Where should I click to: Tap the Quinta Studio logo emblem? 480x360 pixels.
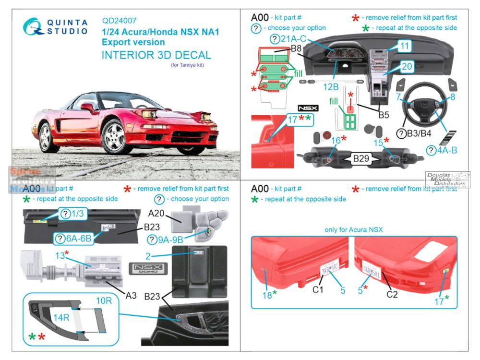coord(34,26)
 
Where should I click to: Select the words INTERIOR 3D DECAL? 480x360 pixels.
coord(156,55)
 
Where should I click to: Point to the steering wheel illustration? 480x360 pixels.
coord(424,104)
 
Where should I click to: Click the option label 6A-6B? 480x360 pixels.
coord(76,238)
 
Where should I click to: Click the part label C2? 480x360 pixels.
coord(392,294)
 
